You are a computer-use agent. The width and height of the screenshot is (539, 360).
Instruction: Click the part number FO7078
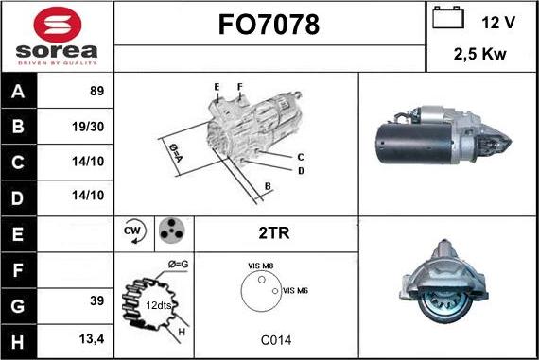[269, 26]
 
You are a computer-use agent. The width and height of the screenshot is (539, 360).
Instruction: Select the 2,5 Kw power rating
[480, 54]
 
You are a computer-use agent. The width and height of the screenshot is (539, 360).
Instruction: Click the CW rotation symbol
[133, 231]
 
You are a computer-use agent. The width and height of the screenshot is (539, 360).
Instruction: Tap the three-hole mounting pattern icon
[171, 231]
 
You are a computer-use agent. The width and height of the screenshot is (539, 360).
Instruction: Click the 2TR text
[275, 231]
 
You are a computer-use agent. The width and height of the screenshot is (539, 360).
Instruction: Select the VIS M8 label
[260, 267]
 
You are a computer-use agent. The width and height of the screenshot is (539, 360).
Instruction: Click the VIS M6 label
[295, 290]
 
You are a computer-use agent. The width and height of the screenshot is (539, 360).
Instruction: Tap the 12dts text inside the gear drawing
[158, 304]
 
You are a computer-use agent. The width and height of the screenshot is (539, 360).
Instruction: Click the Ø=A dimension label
[175, 152]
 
